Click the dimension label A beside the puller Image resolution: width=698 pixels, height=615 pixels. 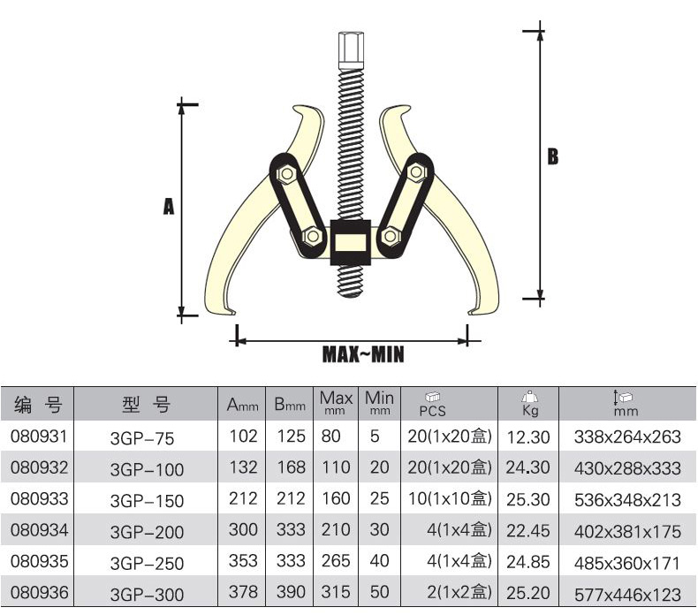pyautogui.click(x=169, y=206)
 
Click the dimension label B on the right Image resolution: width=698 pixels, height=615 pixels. pyautogui.click(x=552, y=156)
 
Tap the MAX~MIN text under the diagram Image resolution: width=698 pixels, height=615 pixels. pyautogui.click(x=363, y=354)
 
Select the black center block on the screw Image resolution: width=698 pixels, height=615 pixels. pyautogui.click(x=351, y=242)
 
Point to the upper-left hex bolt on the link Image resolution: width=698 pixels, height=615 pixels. pyautogui.click(x=286, y=173)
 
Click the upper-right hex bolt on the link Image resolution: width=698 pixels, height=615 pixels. pyautogui.click(x=417, y=172)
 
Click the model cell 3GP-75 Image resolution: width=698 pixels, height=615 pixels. pyautogui.click(x=142, y=438)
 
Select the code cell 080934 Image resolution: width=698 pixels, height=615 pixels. pyautogui.click(x=39, y=530)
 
